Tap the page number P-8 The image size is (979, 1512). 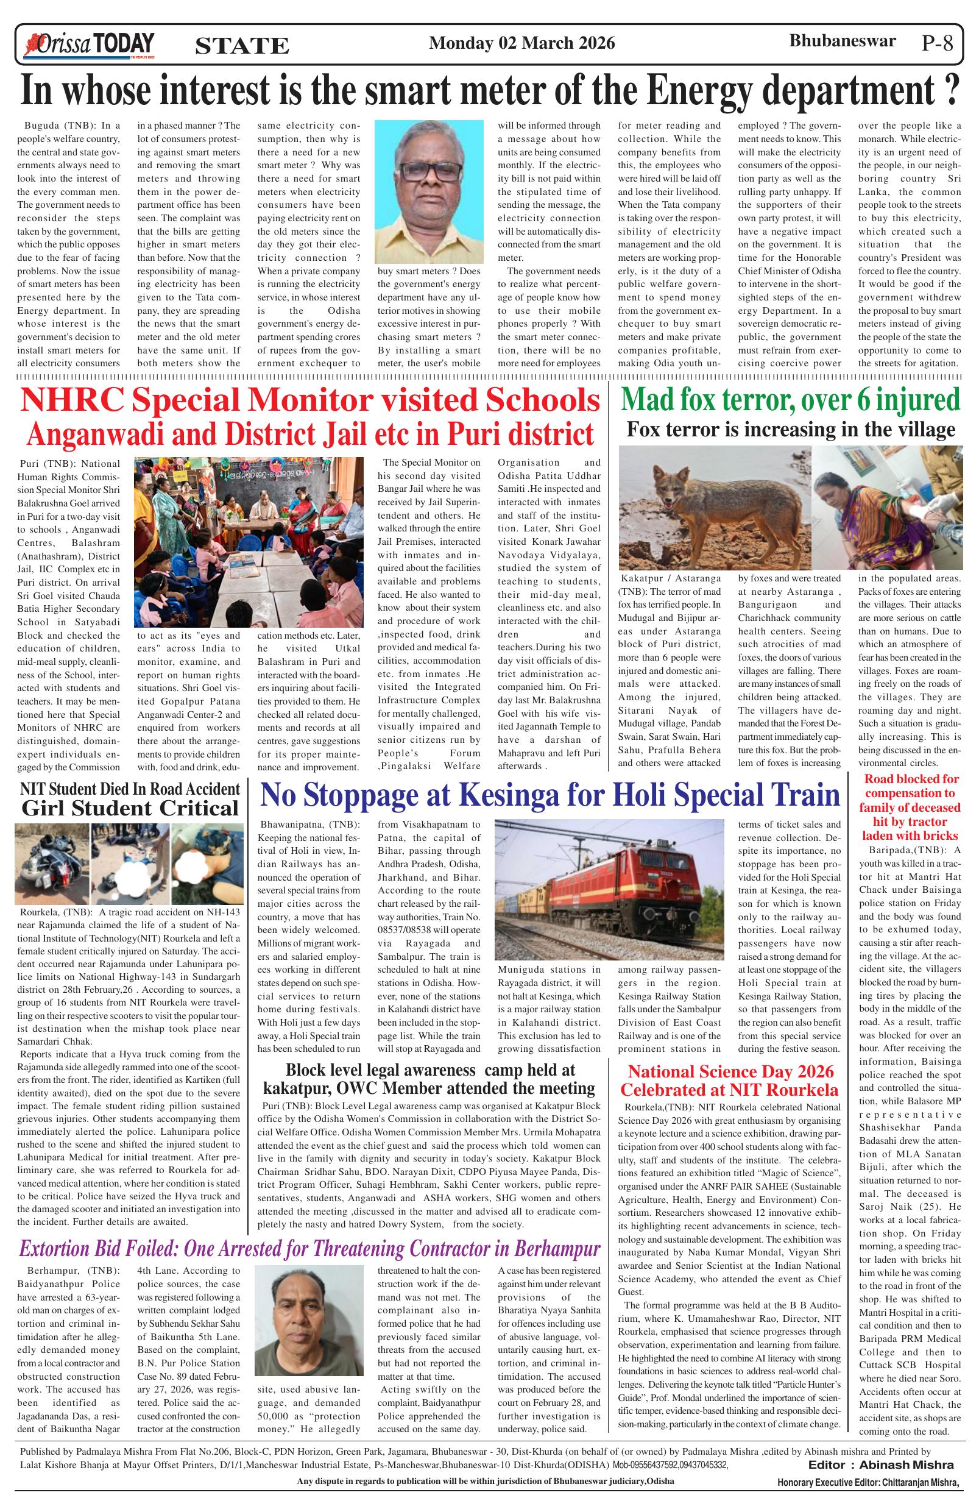(x=938, y=44)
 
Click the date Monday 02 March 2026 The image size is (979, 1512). (x=522, y=43)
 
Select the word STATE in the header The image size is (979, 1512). (x=242, y=46)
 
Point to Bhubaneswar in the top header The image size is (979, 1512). (x=842, y=41)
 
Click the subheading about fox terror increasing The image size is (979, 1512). (x=790, y=430)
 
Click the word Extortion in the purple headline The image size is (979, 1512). (x=66, y=1249)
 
